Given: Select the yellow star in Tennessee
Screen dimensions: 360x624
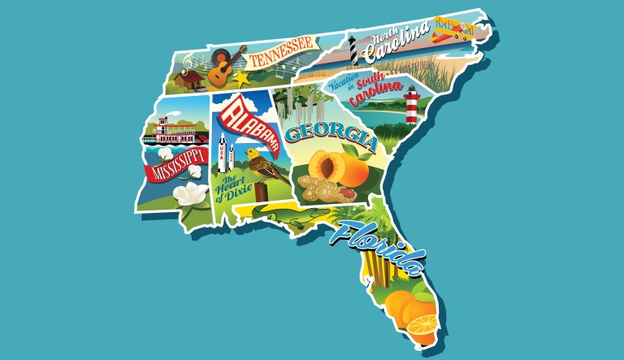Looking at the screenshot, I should [241, 78].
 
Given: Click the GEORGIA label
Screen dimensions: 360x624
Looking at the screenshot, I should [328, 137].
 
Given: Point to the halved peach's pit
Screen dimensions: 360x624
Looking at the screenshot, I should [328, 167].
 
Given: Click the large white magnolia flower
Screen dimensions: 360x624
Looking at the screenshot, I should [192, 194].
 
